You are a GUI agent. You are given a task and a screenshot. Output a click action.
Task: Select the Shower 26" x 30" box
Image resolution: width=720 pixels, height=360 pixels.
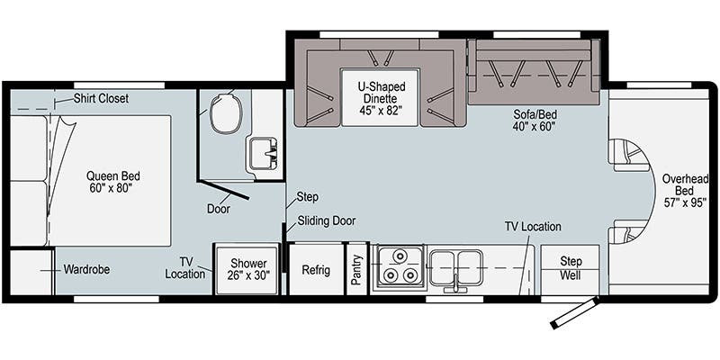pos(248,269)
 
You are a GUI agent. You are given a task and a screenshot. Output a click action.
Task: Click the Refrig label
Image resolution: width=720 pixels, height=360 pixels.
pos(316,270)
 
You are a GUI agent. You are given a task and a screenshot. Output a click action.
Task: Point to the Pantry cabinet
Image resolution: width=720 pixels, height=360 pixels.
pos(357,269)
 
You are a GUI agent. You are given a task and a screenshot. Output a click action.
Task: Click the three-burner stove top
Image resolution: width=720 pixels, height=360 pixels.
pos(400,267)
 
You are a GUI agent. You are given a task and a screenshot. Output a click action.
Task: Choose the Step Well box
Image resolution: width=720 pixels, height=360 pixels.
pos(571,269)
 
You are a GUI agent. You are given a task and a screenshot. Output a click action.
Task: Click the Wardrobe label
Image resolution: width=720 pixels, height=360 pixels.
pos(87,269)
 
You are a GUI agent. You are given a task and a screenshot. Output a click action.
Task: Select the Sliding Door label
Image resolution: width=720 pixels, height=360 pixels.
pos(326,220)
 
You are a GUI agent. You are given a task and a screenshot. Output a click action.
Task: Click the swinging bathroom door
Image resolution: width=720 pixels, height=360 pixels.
pos(225,190)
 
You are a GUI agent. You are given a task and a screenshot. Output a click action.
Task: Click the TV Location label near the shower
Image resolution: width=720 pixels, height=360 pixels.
pos(185,268)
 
